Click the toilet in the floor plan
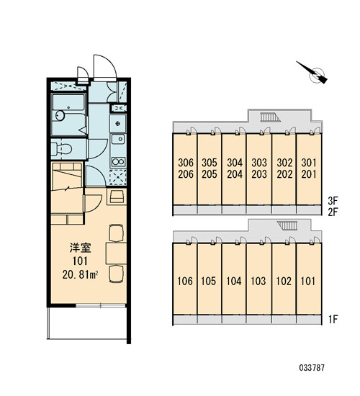(x=62, y=148)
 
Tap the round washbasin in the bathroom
(x=60, y=116)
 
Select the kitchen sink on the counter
(x=118, y=139)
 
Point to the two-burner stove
(x=118, y=161)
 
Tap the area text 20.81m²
(x=80, y=275)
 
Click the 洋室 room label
(x=80, y=248)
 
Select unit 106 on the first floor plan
(x=185, y=281)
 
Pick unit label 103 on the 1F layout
(x=258, y=281)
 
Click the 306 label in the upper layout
(x=186, y=163)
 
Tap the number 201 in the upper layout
(x=309, y=174)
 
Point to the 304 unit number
(x=235, y=163)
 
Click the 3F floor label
(x=333, y=201)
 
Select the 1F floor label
(x=333, y=319)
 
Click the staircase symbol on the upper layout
(x=271, y=117)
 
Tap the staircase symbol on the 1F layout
(x=287, y=225)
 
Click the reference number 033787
(x=312, y=367)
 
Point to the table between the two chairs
(x=116, y=253)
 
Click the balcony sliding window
(x=101, y=305)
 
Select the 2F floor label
(x=333, y=212)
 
